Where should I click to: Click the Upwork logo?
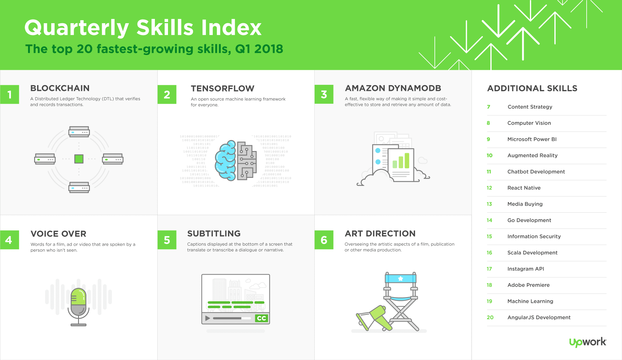pyautogui.click(x=588, y=342)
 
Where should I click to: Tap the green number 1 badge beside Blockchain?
pyautogui.click(x=9, y=95)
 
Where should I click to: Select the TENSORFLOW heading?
pyautogui.click(x=223, y=88)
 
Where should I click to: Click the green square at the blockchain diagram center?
pyautogui.click(x=79, y=159)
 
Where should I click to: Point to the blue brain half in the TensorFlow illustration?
pyautogui.click(x=226, y=160)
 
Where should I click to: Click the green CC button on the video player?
pyautogui.click(x=262, y=318)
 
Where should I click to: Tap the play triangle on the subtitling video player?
pyautogui.click(x=208, y=318)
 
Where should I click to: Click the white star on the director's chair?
pyautogui.click(x=401, y=279)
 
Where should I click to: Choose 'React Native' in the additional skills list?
pyautogui.click(x=524, y=188)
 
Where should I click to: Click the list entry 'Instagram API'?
pyautogui.click(x=526, y=269)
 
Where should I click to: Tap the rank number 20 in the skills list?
pyautogui.click(x=490, y=317)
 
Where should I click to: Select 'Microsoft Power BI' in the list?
pyautogui.click(x=532, y=139)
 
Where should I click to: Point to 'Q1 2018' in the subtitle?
pyautogui.click(x=259, y=49)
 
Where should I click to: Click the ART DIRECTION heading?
pyautogui.click(x=380, y=234)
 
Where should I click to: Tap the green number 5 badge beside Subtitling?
pyautogui.click(x=167, y=240)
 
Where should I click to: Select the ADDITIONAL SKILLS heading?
pyautogui.click(x=532, y=88)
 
